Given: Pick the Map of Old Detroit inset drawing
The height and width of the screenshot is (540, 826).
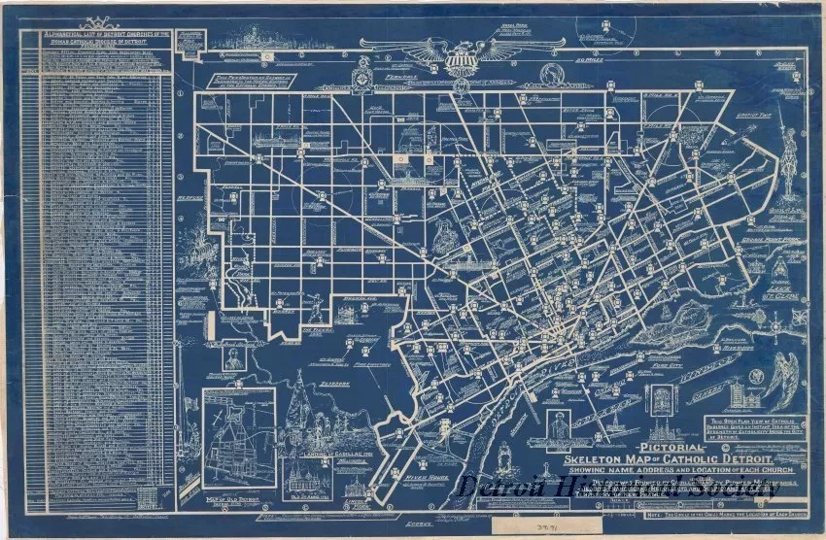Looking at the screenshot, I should pyautogui.click(x=239, y=437).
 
